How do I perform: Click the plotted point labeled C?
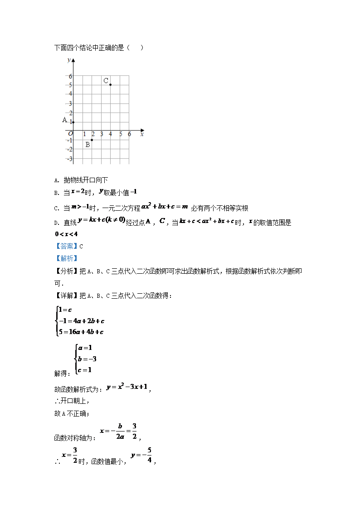(x=111, y=85)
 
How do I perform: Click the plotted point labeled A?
(x=73, y=122)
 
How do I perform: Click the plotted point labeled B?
(x=92, y=140)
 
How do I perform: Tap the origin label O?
(x=70, y=134)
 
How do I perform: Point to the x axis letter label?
(x=142, y=134)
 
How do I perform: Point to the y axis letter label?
(x=68, y=60)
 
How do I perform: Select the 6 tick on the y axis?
(x=70, y=76)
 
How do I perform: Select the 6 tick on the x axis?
(x=129, y=134)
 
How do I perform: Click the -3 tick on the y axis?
(x=69, y=159)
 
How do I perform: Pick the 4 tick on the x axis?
(x=111, y=134)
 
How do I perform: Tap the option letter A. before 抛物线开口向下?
(x=57, y=180)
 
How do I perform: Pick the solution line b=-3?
(x=87, y=359)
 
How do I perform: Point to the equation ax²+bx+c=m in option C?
(x=164, y=207)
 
